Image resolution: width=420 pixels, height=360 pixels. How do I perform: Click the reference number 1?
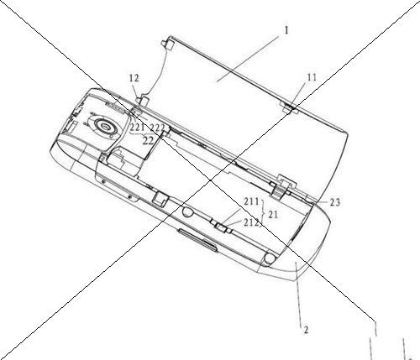coord(286,30)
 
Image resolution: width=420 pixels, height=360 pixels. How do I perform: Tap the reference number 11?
coord(312,77)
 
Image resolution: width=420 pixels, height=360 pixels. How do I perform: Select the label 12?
coord(134,78)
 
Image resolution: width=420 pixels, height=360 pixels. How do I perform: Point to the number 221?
coord(138,128)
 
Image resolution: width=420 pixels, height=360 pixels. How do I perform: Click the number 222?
coord(157,128)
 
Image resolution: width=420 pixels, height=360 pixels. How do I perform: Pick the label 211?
coord(251,201)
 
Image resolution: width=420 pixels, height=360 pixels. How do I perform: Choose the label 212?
coord(251,222)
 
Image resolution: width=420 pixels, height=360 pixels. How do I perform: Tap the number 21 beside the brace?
coord(273,215)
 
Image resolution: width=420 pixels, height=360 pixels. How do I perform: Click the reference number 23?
coord(334,202)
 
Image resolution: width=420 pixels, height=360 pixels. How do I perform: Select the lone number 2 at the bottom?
coord(306,330)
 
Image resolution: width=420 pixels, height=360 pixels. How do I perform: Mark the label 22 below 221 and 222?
coord(148,140)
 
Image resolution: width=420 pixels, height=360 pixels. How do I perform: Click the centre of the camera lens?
coord(105,126)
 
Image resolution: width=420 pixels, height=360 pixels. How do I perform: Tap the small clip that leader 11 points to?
coord(288,107)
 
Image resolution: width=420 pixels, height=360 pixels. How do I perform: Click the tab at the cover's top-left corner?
coord(168,44)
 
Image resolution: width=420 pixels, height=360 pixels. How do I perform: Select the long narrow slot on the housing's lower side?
coord(197,240)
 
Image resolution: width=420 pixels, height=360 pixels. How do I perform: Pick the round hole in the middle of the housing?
coord(187,211)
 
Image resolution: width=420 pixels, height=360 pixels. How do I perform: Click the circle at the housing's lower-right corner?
coord(270,258)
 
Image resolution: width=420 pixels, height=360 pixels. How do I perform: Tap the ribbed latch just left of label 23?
coord(281,187)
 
